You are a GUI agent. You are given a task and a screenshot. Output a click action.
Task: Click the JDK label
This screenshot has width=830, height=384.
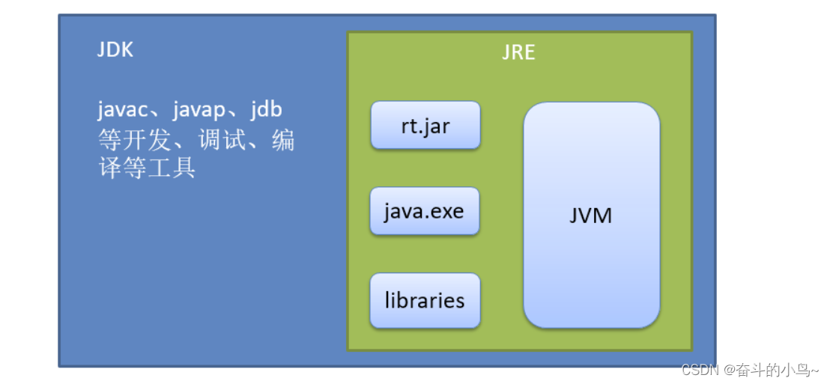pyautogui.click(x=115, y=50)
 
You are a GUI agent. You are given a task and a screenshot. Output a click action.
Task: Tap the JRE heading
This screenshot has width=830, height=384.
pyautogui.click(x=518, y=54)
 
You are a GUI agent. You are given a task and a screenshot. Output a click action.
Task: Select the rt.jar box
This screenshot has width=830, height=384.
pyautogui.click(x=425, y=125)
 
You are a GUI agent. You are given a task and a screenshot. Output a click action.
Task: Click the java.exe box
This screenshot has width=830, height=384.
pyautogui.click(x=424, y=211)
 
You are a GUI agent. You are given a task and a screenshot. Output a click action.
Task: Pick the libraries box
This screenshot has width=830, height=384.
pyautogui.click(x=425, y=301)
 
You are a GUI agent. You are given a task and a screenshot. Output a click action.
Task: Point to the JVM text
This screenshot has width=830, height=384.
pyautogui.click(x=590, y=216)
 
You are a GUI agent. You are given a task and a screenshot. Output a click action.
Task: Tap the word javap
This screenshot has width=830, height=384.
pyautogui.click(x=199, y=110)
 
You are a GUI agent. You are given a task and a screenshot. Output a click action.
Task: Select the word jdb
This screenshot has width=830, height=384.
pyautogui.click(x=266, y=109)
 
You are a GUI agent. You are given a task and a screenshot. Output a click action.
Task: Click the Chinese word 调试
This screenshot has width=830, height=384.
pyautogui.click(x=222, y=139)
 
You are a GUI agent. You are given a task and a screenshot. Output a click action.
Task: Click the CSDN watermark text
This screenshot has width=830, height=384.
pyautogui.click(x=700, y=370)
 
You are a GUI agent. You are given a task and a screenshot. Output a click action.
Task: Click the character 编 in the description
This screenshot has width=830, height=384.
pyautogui.click(x=282, y=139)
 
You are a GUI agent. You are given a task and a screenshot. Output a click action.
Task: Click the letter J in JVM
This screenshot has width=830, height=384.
pyautogui.click(x=574, y=216)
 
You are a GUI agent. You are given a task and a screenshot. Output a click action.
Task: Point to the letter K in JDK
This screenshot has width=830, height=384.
pyautogui.click(x=127, y=50)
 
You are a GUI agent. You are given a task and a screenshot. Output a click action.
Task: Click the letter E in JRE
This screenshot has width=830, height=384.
pyautogui.click(x=530, y=54)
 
